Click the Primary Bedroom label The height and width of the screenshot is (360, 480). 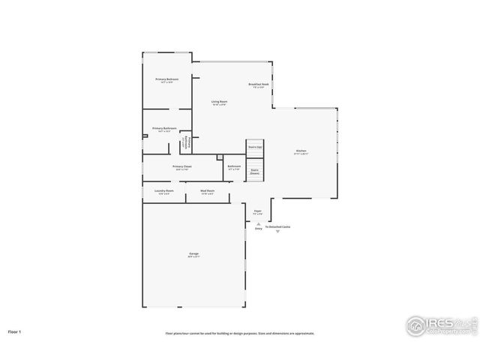click(x=166, y=79)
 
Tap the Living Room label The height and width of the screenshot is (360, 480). click(x=219, y=101)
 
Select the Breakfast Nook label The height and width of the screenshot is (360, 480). click(x=259, y=85)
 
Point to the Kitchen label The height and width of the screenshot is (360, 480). click(x=301, y=151)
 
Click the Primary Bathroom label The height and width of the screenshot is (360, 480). click(x=164, y=128)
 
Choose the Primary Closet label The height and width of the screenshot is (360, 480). click(x=182, y=166)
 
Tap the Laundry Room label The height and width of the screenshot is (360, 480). click(x=163, y=191)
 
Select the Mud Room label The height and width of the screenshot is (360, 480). click(x=208, y=191)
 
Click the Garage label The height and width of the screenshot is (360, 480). click(x=193, y=255)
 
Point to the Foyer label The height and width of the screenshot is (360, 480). click(x=257, y=211)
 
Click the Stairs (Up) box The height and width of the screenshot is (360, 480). click(x=255, y=148)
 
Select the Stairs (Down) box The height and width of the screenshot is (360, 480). click(x=255, y=171)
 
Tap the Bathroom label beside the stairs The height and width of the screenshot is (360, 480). click(x=234, y=166)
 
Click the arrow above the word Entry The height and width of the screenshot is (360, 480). click(x=259, y=223)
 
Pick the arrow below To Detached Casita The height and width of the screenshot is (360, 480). click(x=277, y=232)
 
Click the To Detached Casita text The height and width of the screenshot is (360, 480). click(x=277, y=226)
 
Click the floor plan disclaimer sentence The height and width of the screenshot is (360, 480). click(x=240, y=334)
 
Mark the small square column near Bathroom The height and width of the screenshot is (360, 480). click(x=219, y=157)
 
